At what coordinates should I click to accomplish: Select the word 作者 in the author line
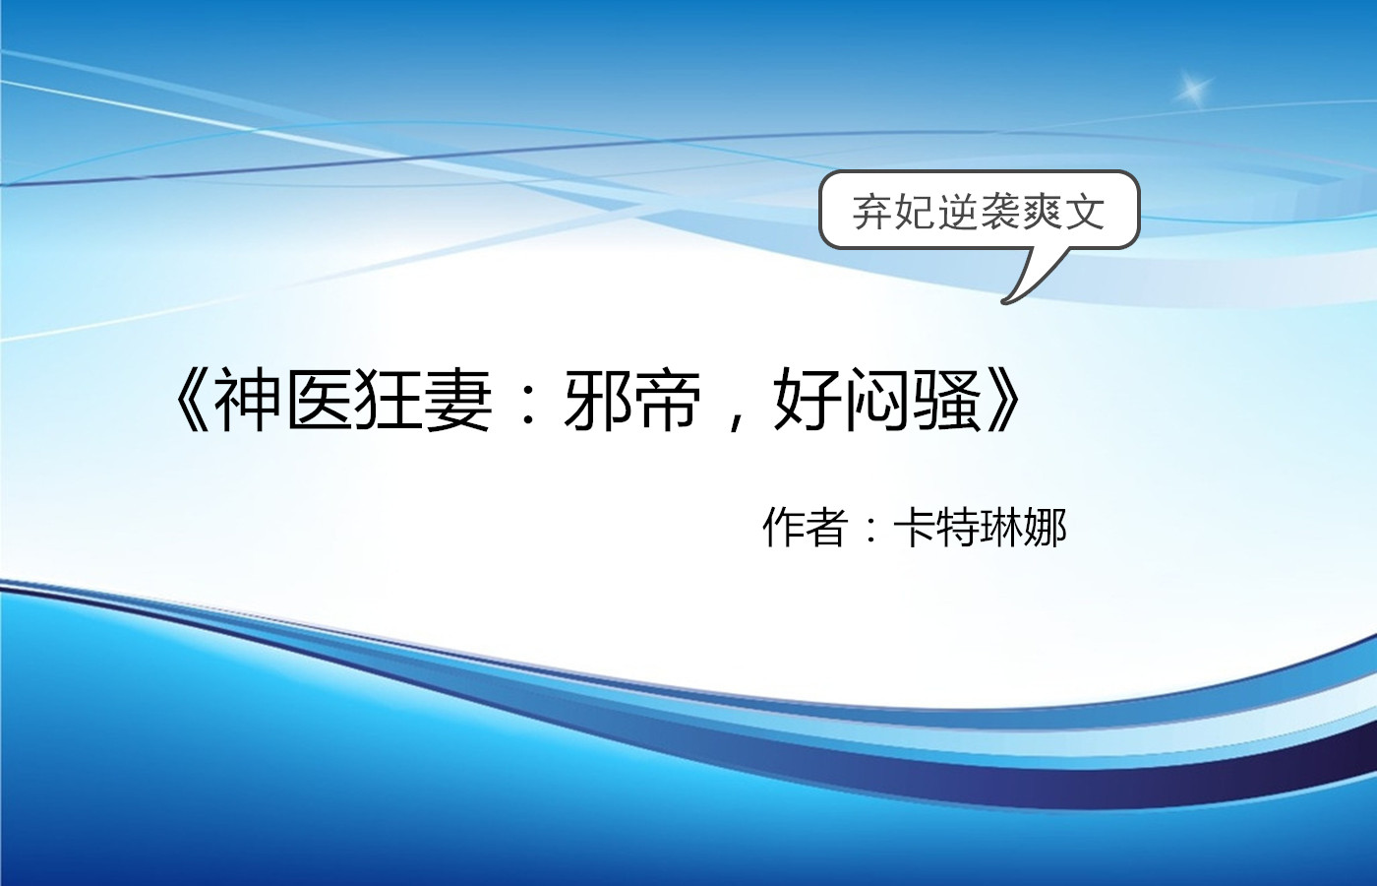click(x=805, y=529)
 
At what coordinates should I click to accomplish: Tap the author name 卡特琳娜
click(x=980, y=529)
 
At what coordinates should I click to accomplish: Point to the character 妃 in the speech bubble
click(x=914, y=212)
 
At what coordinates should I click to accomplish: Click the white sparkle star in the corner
click(x=1194, y=90)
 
